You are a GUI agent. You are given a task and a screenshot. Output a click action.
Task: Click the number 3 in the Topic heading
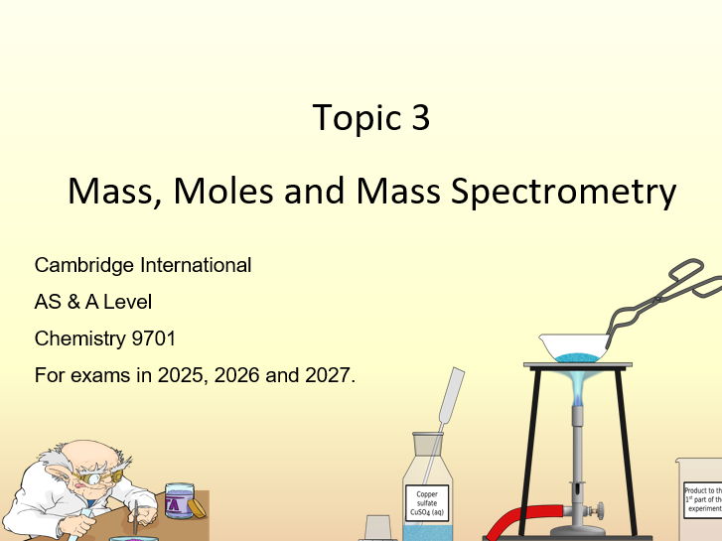(x=419, y=117)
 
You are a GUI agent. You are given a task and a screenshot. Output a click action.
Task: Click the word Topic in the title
(x=356, y=117)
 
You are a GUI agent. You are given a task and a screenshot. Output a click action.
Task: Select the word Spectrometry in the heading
(x=563, y=191)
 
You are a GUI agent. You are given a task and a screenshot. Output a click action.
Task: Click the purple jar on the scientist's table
(x=179, y=500)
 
